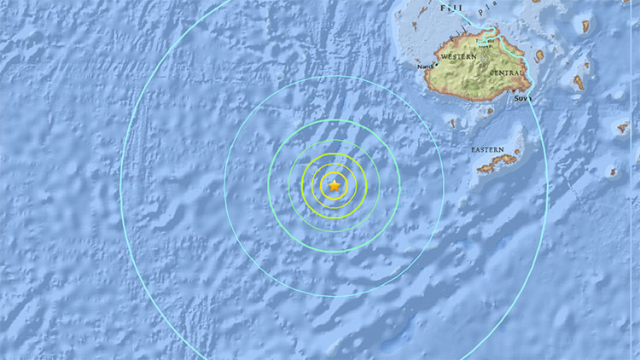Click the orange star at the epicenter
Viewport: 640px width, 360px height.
(x=335, y=185)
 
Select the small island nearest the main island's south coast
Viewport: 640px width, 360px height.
(x=492, y=109)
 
